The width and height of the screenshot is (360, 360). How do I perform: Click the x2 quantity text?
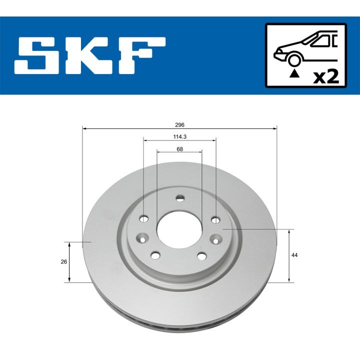[x=325, y=76]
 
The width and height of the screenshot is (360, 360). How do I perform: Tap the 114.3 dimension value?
[x=180, y=136]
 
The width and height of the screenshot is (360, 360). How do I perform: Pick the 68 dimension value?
[x=179, y=148]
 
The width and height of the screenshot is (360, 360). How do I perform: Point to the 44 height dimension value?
[x=295, y=255]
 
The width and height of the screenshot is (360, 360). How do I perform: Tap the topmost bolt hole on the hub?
[x=180, y=199]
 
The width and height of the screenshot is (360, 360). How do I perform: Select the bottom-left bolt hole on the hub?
[x=155, y=256]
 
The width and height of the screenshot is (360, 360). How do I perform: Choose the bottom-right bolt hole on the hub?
[x=202, y=256]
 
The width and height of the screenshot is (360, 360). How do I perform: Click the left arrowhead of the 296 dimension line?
[x=84, y=129]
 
